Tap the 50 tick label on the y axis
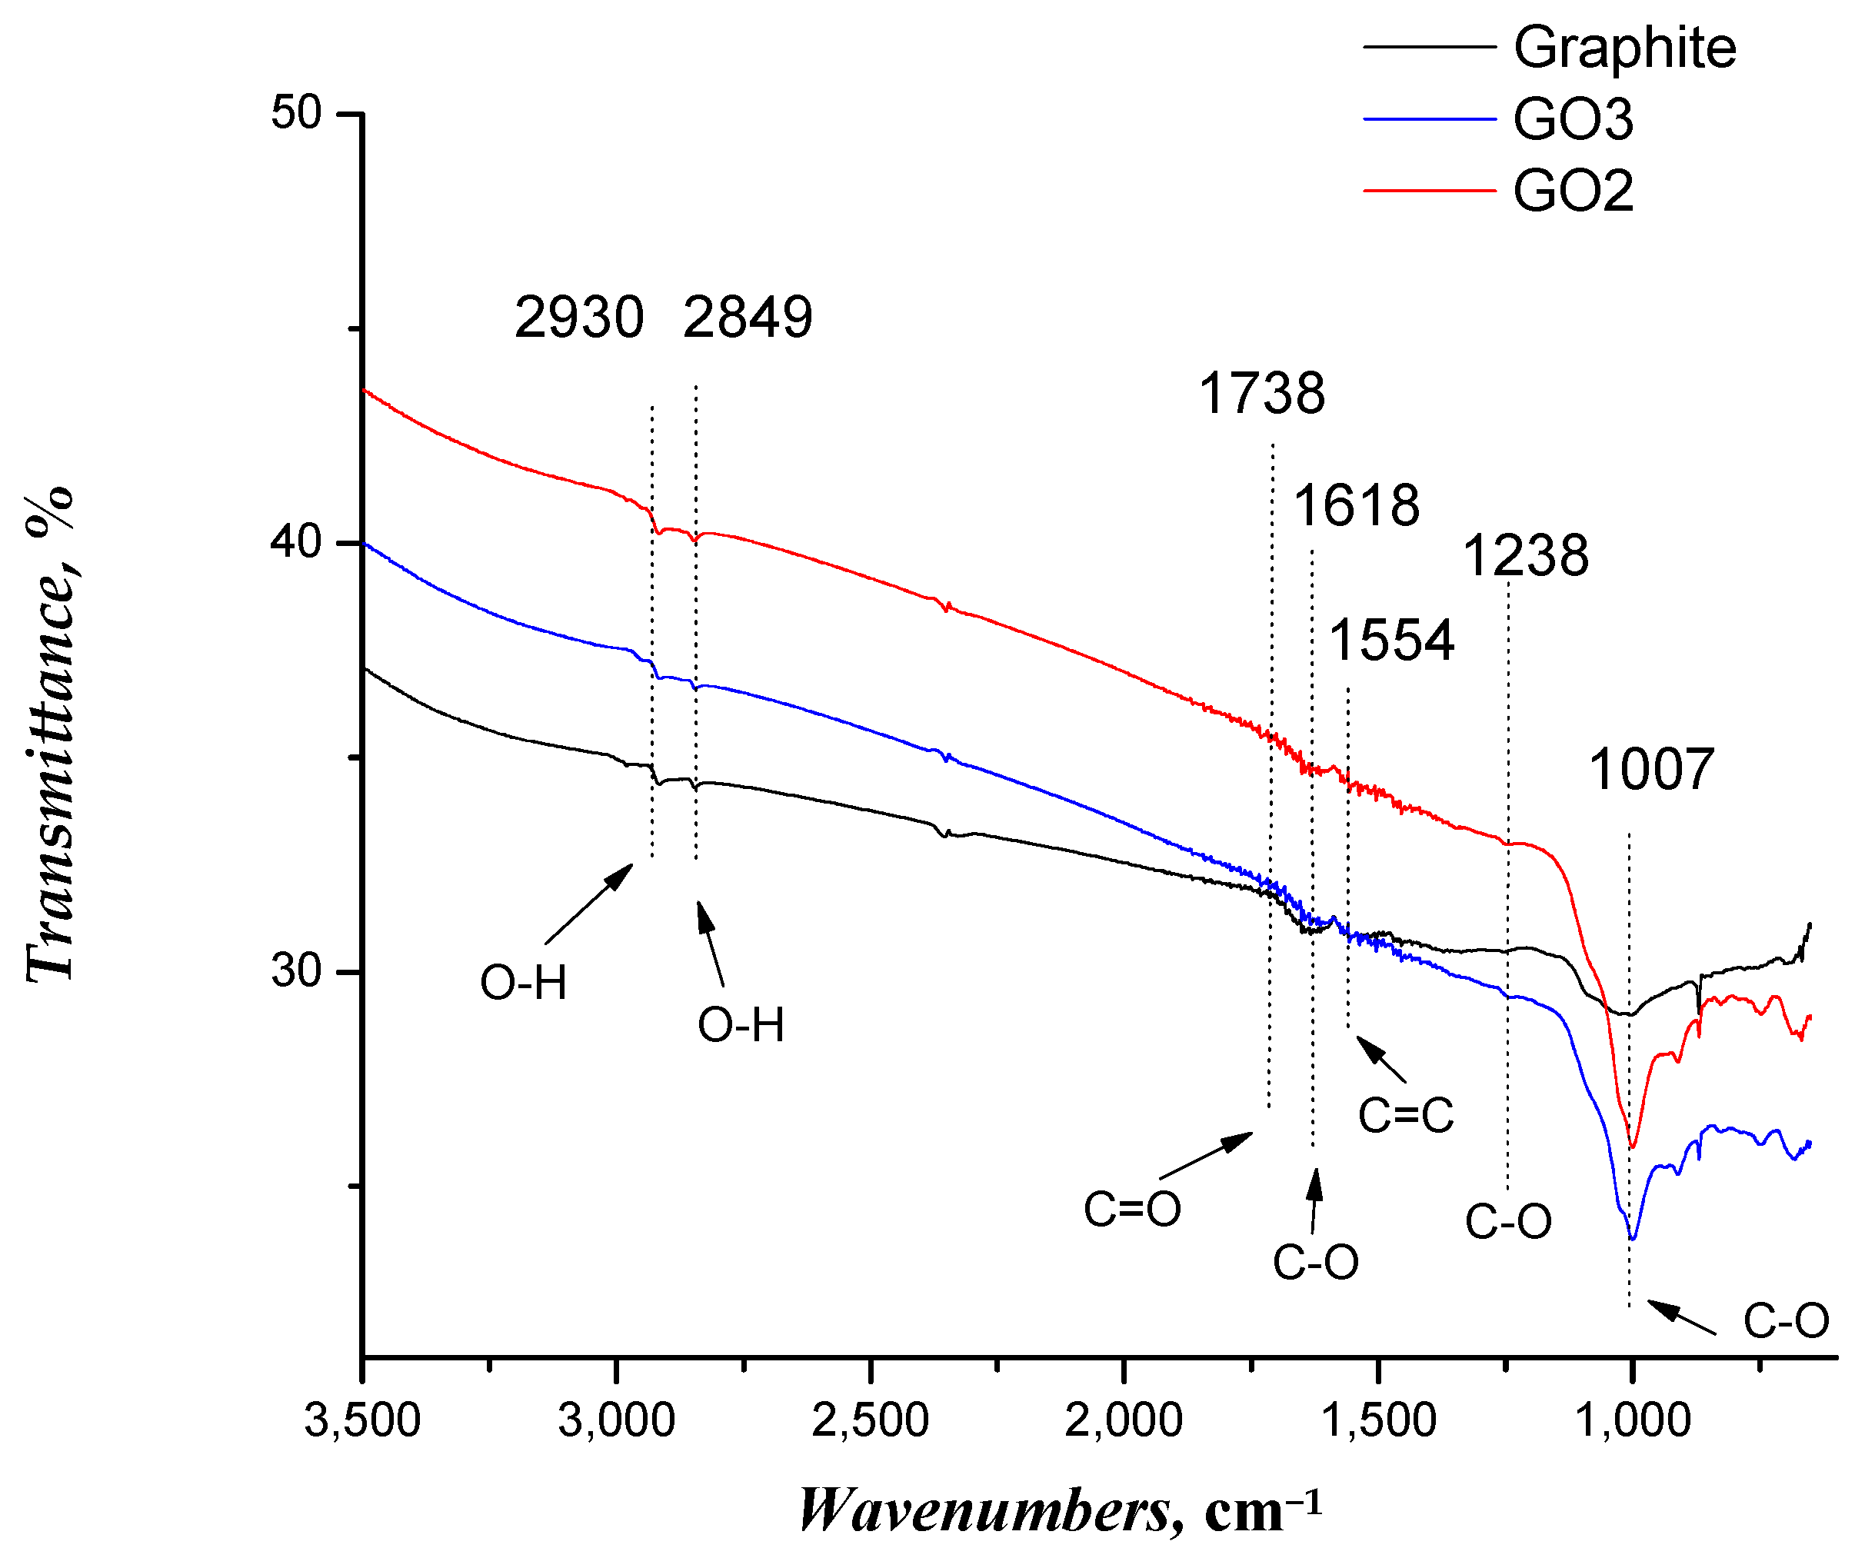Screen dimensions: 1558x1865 (x=296, y=114)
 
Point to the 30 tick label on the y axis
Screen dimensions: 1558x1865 (x=296, y=970)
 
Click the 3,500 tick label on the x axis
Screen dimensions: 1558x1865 (x=362, y=1420)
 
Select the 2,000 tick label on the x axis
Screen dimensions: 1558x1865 (x=1124, y=1420)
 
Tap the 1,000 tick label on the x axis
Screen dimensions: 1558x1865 (x=1632, y=1420)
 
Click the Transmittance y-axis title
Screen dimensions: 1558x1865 (x=51, y=734)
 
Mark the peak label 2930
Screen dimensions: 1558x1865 (x=579, y=318)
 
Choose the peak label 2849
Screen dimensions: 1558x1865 (x=748, y=318)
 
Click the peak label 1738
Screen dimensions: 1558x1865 (x=1262, y=394)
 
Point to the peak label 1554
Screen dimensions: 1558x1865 (x=1392, y=641)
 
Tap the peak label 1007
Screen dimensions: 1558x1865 (x=1651, y=769)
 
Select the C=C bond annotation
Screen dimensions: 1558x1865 (x=1406, y=1116)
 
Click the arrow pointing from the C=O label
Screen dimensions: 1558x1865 (x=1206, y=1156)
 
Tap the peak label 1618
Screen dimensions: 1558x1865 (x=1356, y=506)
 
